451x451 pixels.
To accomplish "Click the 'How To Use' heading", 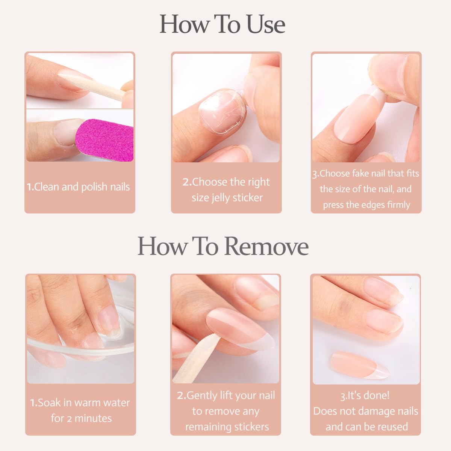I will coord(222,24).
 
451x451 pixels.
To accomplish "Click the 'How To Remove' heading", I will coord(223,246).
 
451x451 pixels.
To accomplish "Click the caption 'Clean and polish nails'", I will coord(79,187).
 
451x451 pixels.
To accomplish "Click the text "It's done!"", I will coord(365,395).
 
